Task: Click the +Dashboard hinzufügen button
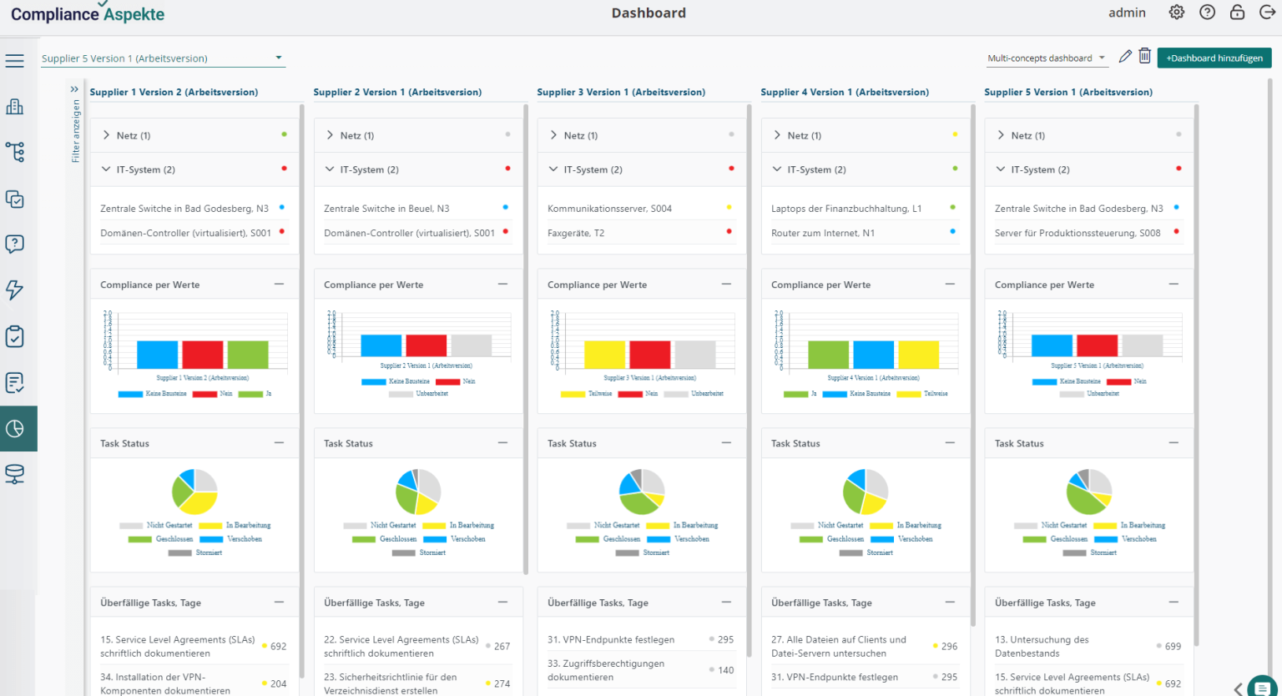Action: click(1214, 58)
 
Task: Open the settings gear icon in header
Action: click(1176, 13)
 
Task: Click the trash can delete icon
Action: click(1145, 57)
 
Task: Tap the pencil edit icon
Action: click(1125, 57)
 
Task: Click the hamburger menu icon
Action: click(14, 61)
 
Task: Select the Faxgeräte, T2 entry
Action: click(576, 233)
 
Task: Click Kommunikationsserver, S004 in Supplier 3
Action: click(609, 209)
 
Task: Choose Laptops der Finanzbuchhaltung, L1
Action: click(846, 209)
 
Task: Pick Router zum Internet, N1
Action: click(823, 233)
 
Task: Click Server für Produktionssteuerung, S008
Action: click(1078, 233)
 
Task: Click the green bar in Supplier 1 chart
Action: click(248, 355)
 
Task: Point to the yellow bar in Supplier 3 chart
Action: click(604, 355)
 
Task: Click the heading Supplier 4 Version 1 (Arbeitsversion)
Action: click(845, 92)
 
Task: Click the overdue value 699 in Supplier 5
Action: click(1173, 647)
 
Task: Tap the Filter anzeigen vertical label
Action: click(75, 131)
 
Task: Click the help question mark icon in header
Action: click(1207, 13)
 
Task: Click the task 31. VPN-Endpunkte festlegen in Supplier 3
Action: click(610, 640)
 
